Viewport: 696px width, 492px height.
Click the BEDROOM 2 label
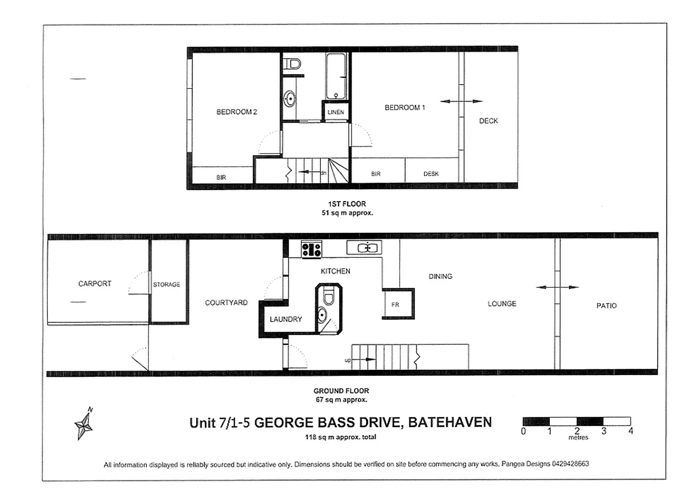236,112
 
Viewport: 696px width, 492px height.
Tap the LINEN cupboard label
336,112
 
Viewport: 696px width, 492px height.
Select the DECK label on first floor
488,121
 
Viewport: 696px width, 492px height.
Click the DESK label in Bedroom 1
431,174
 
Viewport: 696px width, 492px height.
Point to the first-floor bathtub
336,75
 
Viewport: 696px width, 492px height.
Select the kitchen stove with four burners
312,249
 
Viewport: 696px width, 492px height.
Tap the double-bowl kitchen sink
364,248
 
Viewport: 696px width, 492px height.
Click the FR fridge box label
395,305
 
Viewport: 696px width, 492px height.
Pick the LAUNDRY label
286,319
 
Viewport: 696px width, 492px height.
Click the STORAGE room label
166,284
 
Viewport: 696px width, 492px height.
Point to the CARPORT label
95,283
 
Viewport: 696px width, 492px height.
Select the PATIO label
606,306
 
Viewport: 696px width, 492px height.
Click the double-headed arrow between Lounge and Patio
557,287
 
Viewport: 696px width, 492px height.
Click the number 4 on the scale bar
630,431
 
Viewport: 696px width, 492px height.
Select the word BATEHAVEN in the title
450,422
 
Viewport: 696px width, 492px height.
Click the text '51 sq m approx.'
347,213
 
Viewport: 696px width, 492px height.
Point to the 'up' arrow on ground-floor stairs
363,359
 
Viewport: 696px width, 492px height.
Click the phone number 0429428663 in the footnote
570,464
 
